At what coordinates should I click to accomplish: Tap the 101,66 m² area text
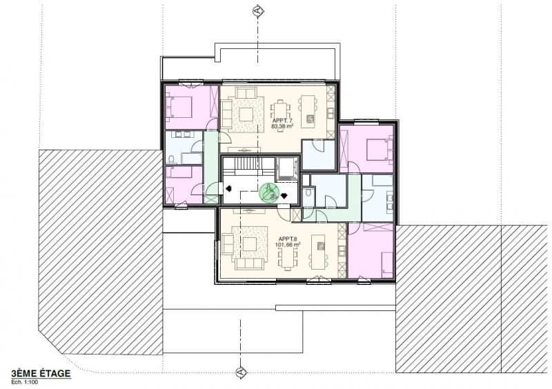click(x=288, y=245)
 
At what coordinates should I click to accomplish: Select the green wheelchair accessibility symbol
click(x=269, y=191)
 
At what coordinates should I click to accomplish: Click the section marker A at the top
click(x=257, y=10)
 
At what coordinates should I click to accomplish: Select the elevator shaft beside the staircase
click(x=286, y=168)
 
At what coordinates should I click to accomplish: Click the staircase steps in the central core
click(x=247, y=166)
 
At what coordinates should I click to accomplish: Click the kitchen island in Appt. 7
click(x=308, y=110)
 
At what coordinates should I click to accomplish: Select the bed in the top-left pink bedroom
click(x=181, y=106)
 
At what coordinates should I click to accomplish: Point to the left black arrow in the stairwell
click(x=228, y=188)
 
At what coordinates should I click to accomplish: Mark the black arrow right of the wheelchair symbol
click(x=284, y=194)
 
